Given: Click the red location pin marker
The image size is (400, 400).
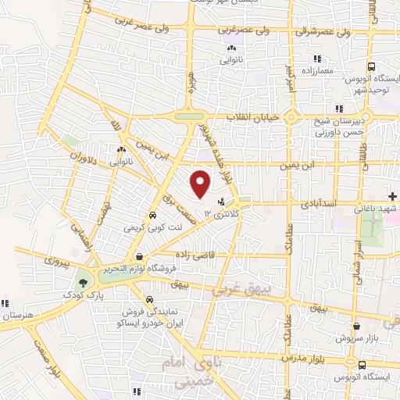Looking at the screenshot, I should (x=201, y=183).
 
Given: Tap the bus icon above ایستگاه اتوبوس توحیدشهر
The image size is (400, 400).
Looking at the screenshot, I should (x=371, y=66).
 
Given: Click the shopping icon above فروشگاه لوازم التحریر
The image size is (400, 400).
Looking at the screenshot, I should (x=138, y=255).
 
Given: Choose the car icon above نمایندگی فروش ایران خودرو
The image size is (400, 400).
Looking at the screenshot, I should (x=149, y=299).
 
